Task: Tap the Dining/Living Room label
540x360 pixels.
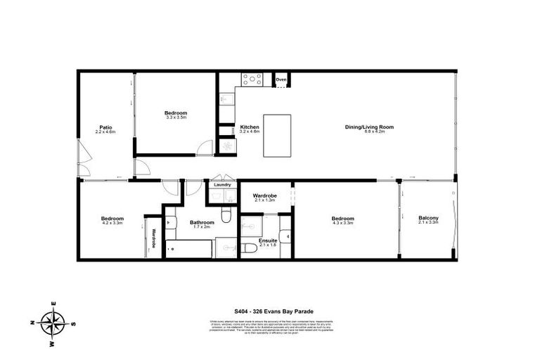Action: [368, 127]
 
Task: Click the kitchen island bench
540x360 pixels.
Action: [277, 136]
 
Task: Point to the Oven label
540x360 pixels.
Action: [281, 79]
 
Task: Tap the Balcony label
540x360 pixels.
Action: [428, 218]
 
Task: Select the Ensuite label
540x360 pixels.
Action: [268, 240]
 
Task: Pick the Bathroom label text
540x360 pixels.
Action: [201, 223]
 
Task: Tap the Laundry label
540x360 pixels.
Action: [222, 186]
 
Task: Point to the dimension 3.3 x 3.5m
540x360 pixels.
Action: [176, 117]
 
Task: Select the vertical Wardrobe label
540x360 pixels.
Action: [153, 238]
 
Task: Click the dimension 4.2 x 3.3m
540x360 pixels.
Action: [112, 223]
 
